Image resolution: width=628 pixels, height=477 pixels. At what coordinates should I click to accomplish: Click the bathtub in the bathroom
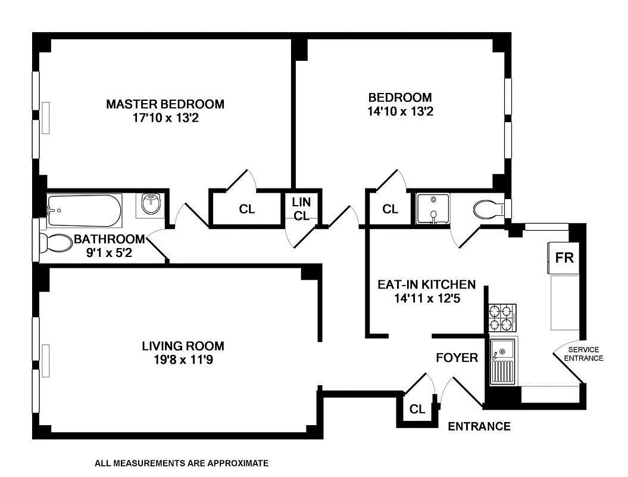pos(84,210)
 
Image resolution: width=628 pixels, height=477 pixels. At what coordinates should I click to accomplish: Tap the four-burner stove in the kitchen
pos(502,318)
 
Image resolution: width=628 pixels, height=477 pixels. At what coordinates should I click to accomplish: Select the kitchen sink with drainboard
pos(503,361)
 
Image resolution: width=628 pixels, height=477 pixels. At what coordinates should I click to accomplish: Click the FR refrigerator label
pos(564,258)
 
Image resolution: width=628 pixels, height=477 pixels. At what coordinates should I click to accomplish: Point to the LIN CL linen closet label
pos(301,209)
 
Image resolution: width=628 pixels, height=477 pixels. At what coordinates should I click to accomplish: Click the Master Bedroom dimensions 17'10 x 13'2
pos(165,118)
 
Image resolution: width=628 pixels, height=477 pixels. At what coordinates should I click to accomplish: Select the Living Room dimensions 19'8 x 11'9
pos(183,360)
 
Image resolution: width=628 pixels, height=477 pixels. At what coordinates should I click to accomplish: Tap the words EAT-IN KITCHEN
pos(426,284)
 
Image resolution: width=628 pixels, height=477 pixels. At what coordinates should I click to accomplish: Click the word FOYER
pos(457,358)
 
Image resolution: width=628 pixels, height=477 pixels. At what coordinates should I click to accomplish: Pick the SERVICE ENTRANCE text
pos(583,354)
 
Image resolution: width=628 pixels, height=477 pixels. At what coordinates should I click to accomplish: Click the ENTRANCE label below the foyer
pos(479,426)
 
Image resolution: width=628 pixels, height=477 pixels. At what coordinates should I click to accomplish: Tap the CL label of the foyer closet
pos(417,410)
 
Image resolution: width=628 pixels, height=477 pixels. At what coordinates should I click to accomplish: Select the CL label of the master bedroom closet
pos(247,209)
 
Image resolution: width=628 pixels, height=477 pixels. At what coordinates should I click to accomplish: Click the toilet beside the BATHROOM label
pos(54,243)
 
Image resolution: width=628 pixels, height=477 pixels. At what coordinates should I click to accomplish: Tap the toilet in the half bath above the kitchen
pos(488,209)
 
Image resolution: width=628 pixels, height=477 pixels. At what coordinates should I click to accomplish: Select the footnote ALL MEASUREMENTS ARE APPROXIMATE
pos(182,463)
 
